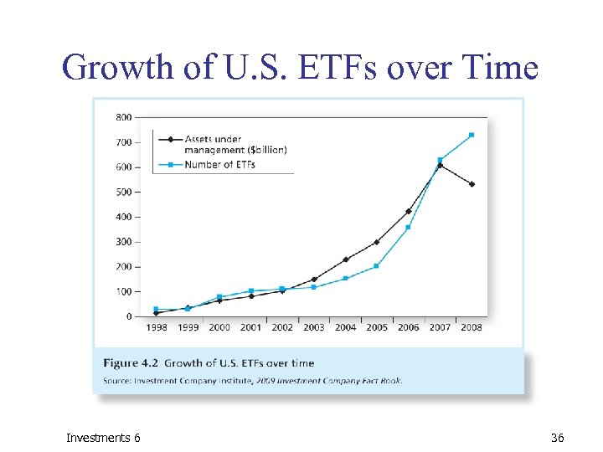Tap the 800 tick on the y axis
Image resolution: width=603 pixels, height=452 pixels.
[123, 117]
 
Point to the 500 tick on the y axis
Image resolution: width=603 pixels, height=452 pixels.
[123, 192]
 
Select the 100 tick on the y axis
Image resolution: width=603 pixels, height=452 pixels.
[123, 291]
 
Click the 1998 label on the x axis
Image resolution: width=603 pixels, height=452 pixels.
[157, 327]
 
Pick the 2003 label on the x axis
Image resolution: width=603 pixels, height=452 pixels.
[314, 327]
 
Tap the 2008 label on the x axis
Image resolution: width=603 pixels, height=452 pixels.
[471, 327]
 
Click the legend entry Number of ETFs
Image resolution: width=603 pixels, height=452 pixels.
[219, 165]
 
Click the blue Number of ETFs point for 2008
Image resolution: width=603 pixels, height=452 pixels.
[472, 135]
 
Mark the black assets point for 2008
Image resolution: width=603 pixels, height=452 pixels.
[472, 184]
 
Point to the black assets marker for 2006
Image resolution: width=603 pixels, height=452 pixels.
[408, 211]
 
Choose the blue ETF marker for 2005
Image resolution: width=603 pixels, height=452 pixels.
[377, 266]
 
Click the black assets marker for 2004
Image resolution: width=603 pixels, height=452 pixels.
[345, 259]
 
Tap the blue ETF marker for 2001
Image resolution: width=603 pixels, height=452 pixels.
[251, 291]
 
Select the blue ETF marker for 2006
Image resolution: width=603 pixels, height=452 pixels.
[408, 227]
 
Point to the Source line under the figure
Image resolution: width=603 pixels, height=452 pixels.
[252, 380]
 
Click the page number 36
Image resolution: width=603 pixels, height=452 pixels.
[558, 438]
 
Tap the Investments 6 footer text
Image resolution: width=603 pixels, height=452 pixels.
[104, 438]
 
